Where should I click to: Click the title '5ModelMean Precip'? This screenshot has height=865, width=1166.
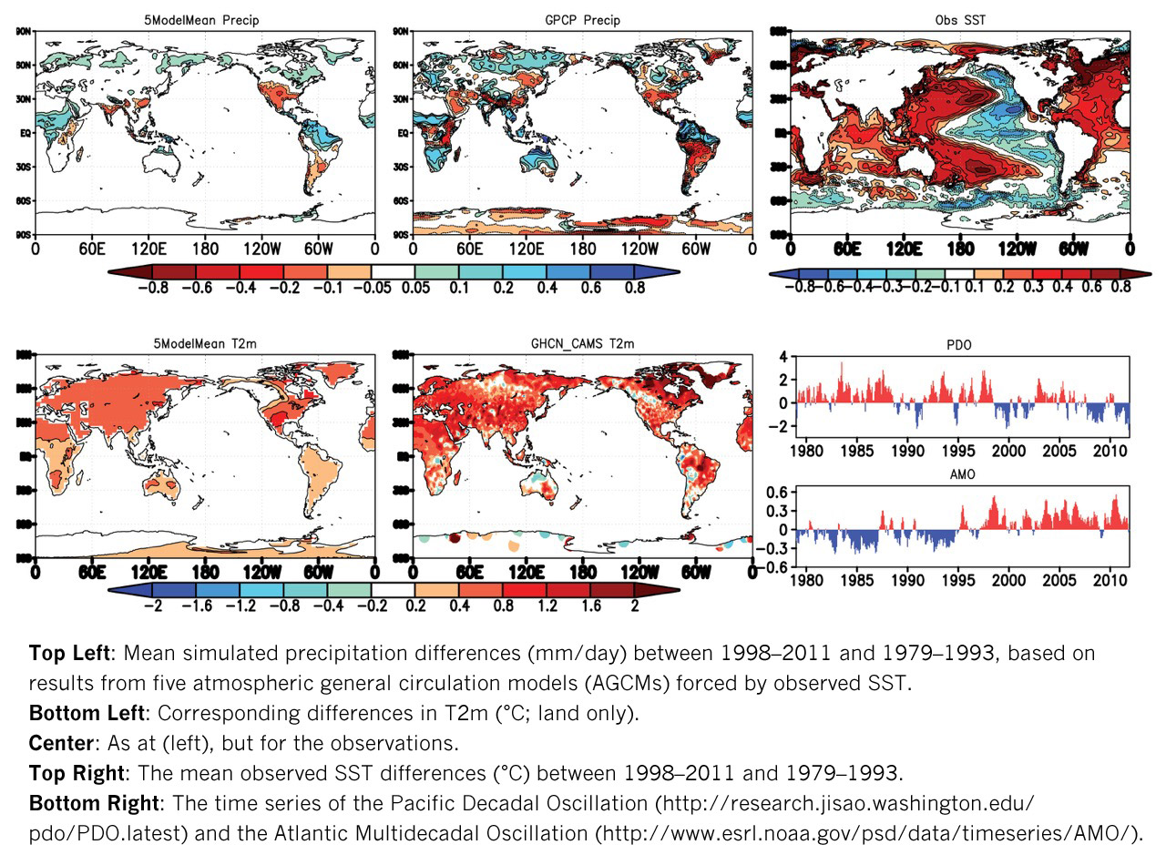click(x=204, y=19)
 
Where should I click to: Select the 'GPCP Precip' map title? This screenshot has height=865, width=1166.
click(x=582, y=19)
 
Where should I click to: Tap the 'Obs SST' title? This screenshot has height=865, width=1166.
click(x=959, y=19)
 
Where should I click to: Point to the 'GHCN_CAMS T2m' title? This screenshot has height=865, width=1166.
click(x=582, y=343)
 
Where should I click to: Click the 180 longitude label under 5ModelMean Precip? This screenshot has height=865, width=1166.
click(x=204, y=248)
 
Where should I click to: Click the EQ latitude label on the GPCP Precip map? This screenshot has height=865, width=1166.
click(x=399, y=133)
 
